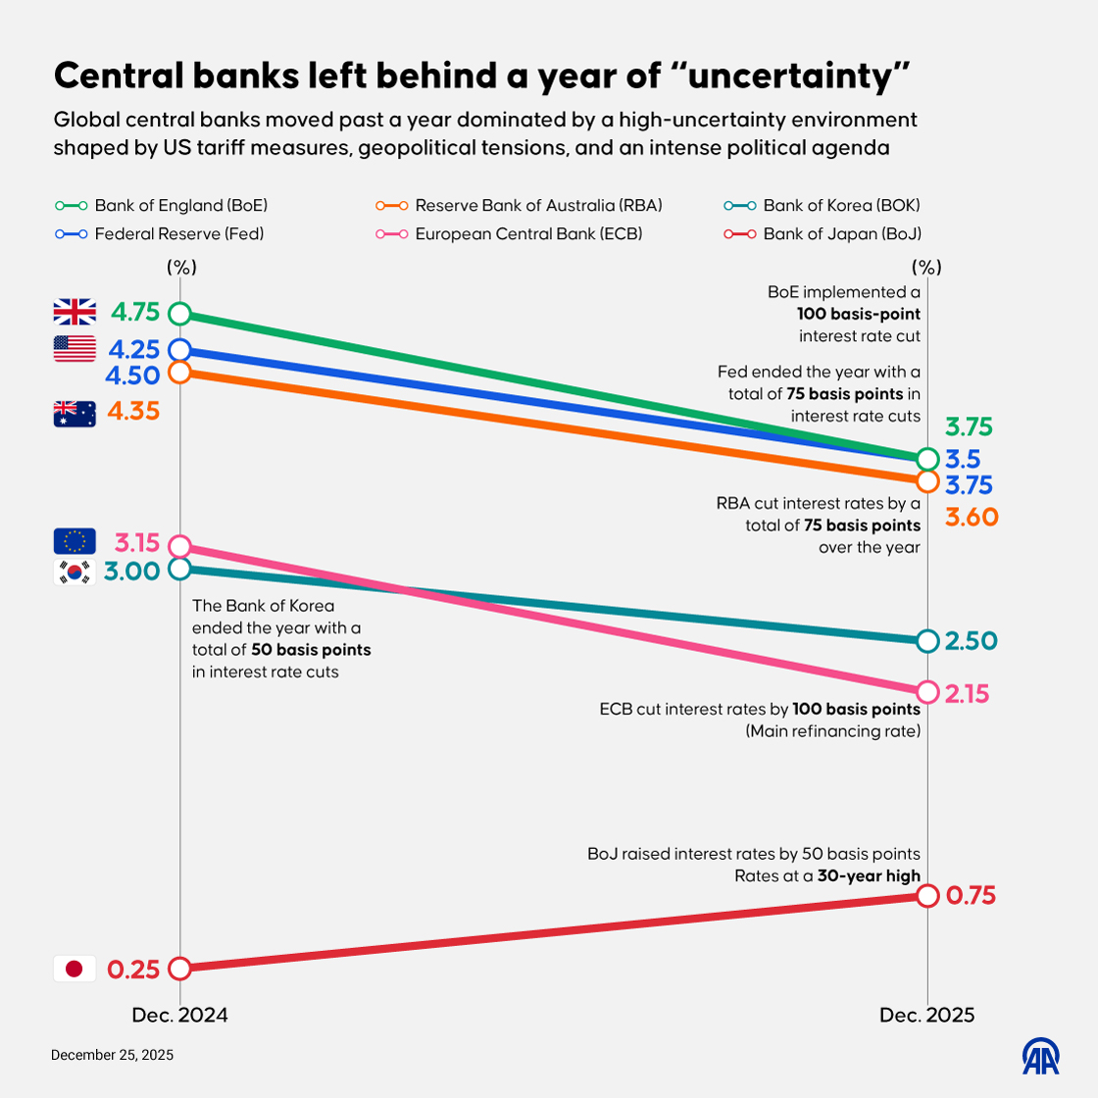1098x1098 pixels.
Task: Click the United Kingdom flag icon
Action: (75, 312)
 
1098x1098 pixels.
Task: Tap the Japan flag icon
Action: (75, 969)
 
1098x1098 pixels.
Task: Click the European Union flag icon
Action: (75, 541)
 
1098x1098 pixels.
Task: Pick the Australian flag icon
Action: (75, 414)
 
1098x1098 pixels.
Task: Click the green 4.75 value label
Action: (135, 313)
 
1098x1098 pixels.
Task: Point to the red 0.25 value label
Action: (133, 970)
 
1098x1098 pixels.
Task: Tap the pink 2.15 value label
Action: (968, 694)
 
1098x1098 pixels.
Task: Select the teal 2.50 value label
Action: (971, 641)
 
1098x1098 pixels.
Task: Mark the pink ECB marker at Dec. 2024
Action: (178, 546)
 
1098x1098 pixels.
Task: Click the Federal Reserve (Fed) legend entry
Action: (161, 234)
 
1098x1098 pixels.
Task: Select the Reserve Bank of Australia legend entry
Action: (520, 206)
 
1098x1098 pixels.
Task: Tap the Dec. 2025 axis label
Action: (926, 1016)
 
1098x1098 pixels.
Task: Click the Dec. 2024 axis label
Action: (179, 1016)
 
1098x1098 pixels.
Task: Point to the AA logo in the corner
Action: (1041, 1056)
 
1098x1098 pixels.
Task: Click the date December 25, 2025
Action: (112, 1055)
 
